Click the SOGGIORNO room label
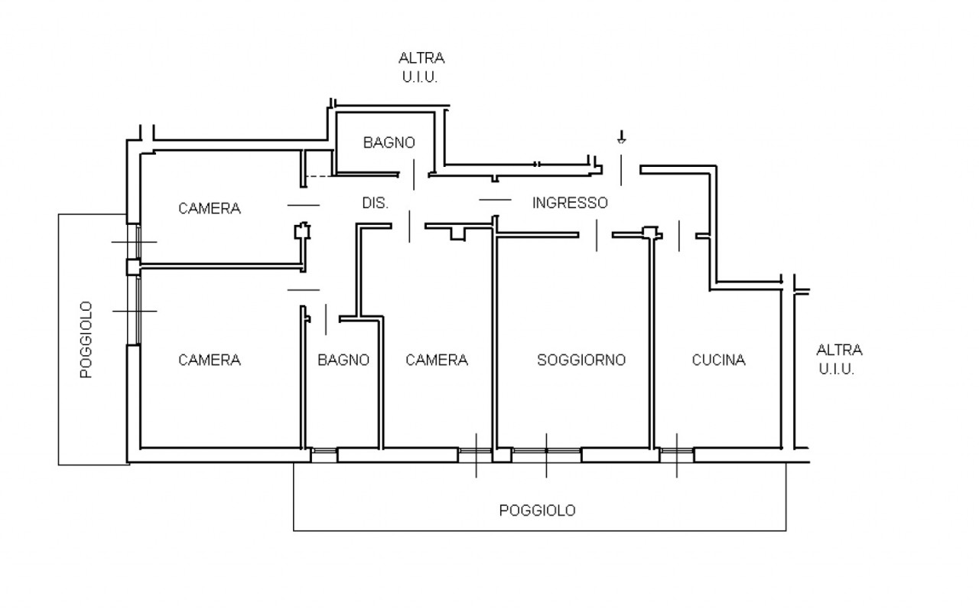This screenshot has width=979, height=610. tap(581, 360)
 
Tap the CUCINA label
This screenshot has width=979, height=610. tap(718, 360)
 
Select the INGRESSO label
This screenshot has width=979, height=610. tap(570, 203)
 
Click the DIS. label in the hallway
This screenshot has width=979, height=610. tap(375, 204)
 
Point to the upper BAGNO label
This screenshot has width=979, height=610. tap(389, 142)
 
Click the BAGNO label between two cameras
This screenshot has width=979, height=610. tap(343, 360)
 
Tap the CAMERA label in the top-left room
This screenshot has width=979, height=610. tap(209, 208)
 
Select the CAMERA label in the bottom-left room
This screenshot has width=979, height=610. tap(209, 360)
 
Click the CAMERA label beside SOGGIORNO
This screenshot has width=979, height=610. tap(436, 360)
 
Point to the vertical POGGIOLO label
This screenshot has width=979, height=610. tap(86, 339)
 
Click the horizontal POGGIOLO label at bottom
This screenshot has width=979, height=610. tap(537, 511)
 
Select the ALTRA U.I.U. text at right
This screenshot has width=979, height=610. tap(839, 359)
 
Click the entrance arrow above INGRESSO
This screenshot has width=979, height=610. tap(621, 138)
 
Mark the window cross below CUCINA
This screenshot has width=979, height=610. tap(677, 455)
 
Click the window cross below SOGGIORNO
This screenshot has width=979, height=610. tap(546, 455)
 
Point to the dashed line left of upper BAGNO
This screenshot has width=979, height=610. tap(318, 176)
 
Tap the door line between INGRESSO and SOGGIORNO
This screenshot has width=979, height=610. tap(597, 234)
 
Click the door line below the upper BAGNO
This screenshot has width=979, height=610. tap(414, 175)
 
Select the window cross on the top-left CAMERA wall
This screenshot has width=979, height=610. tap(135, 242)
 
